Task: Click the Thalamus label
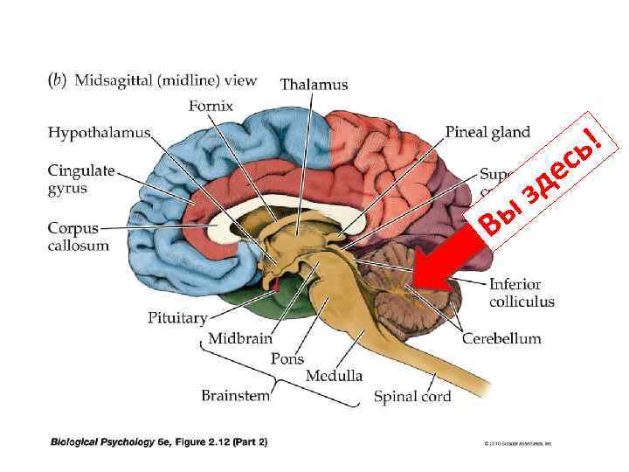coord(314,85)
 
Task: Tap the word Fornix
coord(211,107)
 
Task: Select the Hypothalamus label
coord(99,133)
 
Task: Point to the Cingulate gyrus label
coord(81,179)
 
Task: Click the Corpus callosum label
coord(79,237)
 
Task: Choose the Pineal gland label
coord(487,133)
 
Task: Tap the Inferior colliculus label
coord(522,293)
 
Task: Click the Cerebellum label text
coord(501,338)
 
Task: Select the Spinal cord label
coord(412,397)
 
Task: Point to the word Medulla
coord(334,377)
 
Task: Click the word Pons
coord(287,358)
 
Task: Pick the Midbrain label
coord(240,338)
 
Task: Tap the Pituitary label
coord(177,318)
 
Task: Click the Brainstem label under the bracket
coord(236,395)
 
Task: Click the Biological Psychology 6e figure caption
coord(159,441)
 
